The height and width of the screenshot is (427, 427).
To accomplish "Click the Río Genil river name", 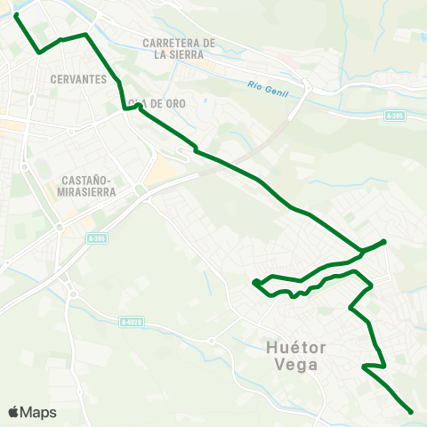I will [265, 85].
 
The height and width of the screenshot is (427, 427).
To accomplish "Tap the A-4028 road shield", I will [131, 321].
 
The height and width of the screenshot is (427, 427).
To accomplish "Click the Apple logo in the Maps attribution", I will [13, 412].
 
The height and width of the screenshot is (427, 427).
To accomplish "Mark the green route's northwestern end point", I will [16, 14].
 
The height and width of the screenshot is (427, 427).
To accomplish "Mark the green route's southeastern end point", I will [410, 412].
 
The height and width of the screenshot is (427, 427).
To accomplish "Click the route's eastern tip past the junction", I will [383, 241].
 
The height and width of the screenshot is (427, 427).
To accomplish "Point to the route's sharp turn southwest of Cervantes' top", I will [40, 52].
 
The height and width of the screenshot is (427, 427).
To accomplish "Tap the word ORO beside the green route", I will [174, 104].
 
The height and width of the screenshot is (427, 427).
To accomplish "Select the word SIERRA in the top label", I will [180, 53].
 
